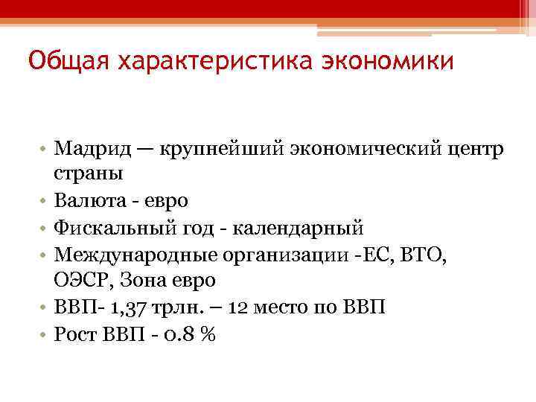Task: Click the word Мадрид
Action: pos(92,150)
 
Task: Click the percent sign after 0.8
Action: pos(208,335)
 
